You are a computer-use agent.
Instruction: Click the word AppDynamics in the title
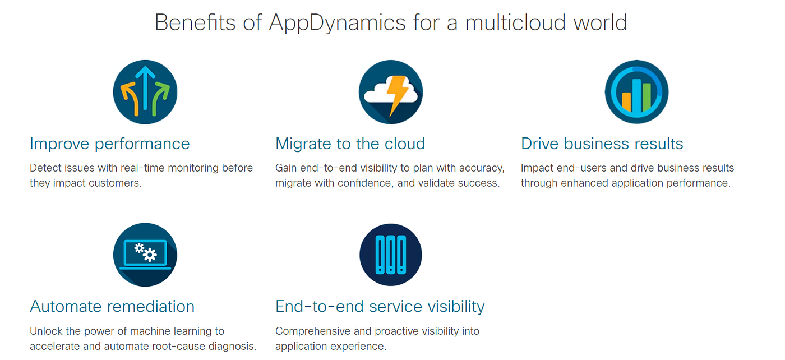[x=337, y=23]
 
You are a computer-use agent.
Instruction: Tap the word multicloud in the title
[x=515, y=22]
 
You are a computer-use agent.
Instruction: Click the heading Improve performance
[x=110, y=144]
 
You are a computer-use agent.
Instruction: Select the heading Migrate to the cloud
[x=350, y=144]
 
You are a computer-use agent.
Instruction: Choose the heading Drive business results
[x=602, y=144]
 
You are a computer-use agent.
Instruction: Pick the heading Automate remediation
[x=112, y=306]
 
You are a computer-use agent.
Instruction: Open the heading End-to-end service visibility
[x=380, y=306]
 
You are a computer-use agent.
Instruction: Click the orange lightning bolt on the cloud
[x=398, y=95]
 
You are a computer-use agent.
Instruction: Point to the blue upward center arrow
[x=145, y=89]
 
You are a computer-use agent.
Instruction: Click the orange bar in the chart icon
[x=626, y=102]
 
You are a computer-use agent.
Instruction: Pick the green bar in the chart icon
[x=647, y=97]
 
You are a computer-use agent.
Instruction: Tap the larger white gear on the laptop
[x=150, y=255]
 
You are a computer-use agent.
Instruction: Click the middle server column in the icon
[x=390, y=255]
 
